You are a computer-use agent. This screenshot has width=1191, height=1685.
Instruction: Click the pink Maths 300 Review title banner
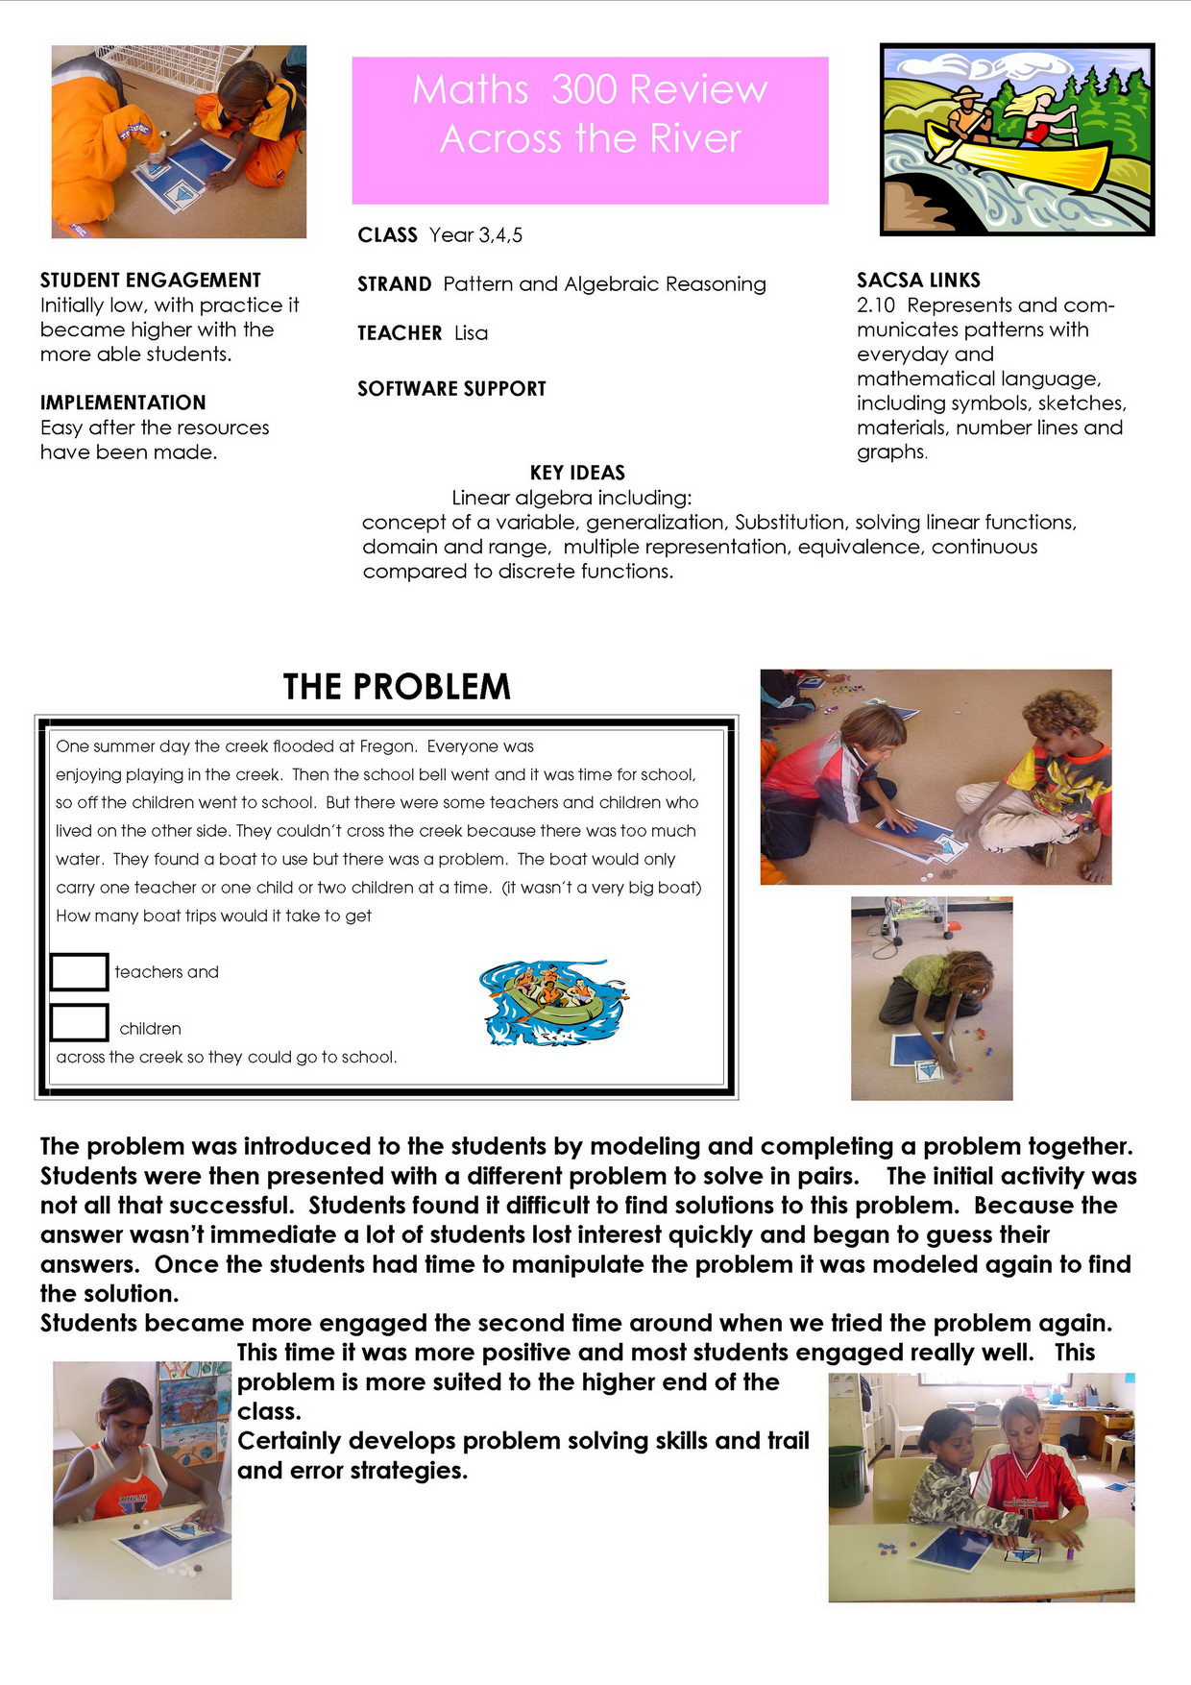[x=590, y=130]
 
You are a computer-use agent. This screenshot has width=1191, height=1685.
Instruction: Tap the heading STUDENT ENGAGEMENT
[x=151, y=281]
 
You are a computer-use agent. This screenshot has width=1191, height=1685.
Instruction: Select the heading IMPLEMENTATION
[x=123, y=403]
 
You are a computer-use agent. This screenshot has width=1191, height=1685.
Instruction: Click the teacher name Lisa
[x=471, y=333]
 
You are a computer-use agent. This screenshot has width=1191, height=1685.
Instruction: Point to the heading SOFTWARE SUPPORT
[x=451, y=389]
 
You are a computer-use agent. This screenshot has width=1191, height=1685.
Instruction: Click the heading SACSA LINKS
[x=918, y=281]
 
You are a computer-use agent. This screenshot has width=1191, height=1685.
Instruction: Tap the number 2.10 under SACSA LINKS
[x=875, y=305]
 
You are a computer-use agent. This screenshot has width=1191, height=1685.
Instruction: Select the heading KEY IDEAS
[x=577, y=473]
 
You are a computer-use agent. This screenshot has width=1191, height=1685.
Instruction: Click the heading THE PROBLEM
[x=397, y=687]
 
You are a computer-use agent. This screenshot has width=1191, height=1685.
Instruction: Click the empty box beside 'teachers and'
[x=79, y=971]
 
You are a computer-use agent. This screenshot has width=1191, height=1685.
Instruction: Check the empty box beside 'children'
[x=79, y=1022]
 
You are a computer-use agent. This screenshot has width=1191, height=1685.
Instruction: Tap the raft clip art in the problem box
[x=552, y=1001]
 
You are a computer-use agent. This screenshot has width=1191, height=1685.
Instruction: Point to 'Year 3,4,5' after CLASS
[x=475, y=235]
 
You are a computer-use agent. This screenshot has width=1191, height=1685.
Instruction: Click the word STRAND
[x=394, y=284]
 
